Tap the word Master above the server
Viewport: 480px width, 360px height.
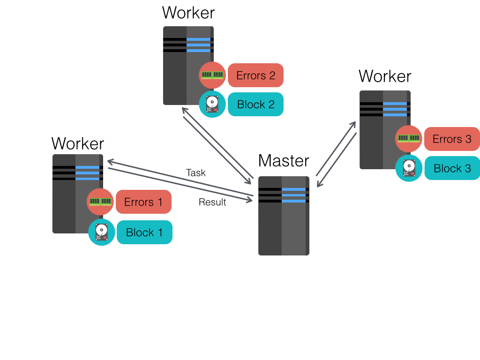pos(284,161)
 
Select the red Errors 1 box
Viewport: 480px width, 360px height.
pos(143,202)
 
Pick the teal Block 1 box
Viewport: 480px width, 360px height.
pos(144,232)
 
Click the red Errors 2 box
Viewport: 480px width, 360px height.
pos(255,75)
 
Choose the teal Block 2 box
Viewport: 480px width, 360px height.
pos(255,105)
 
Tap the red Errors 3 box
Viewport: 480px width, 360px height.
pos(452,139)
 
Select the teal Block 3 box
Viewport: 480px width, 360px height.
pos(452,168)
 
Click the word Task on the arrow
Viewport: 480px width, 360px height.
pos(196,172)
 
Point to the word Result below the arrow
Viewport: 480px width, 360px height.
pos(212,202)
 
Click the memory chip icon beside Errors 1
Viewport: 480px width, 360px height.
pos(100,202)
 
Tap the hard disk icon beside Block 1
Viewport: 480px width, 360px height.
pos(102,232)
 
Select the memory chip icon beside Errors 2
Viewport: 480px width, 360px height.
pos(212,75)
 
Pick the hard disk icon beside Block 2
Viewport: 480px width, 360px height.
pos(212,105)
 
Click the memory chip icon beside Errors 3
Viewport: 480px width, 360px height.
pos(409,139)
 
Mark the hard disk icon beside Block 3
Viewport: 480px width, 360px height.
pos(409,168)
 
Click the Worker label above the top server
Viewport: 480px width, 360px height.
pos(188,13)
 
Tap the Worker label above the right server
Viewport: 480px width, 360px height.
pos(385,76)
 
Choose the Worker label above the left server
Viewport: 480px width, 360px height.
pos(78,143)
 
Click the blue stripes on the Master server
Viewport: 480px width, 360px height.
pos(293,195)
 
